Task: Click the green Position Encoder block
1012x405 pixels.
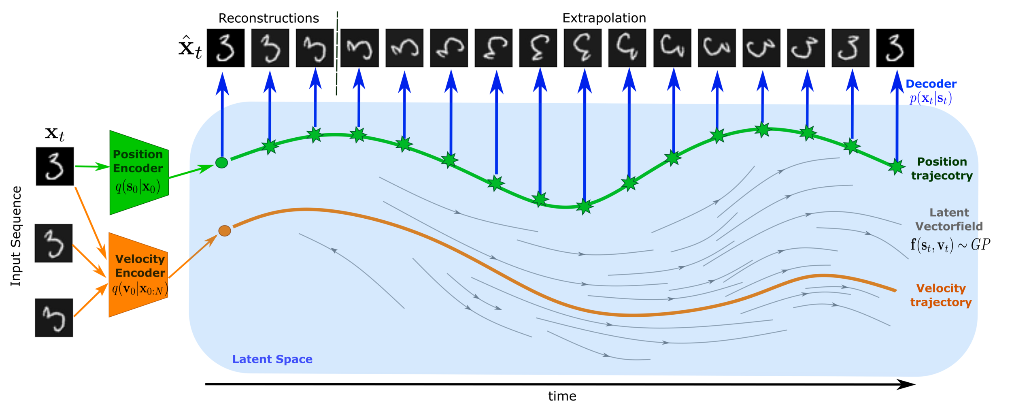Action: pos(138,172)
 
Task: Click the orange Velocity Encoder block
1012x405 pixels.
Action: pos(138,275)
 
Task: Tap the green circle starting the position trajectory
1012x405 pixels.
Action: pos(221,163)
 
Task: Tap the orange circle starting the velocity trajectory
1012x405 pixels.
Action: pos(225,231)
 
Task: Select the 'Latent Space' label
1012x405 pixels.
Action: pos(272,359)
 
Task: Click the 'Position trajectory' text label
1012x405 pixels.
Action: pos(942,169)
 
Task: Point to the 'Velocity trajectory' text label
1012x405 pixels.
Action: pos(941,295)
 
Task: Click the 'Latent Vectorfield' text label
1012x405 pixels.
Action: pos(949,220)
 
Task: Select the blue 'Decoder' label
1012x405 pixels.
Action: pos(931,84)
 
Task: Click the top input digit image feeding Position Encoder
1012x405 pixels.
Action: pos(55,166)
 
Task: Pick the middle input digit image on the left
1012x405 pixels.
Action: pos(53,242)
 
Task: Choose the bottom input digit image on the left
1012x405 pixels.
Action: pos(55,317)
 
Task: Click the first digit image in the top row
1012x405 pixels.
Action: pos(225,48)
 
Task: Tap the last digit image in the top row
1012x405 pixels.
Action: pos(895,48)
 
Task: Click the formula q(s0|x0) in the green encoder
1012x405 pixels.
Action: pos(138,187)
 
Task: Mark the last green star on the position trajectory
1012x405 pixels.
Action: pos(896,166)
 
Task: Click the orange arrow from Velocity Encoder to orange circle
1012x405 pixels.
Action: pos(193,256)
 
